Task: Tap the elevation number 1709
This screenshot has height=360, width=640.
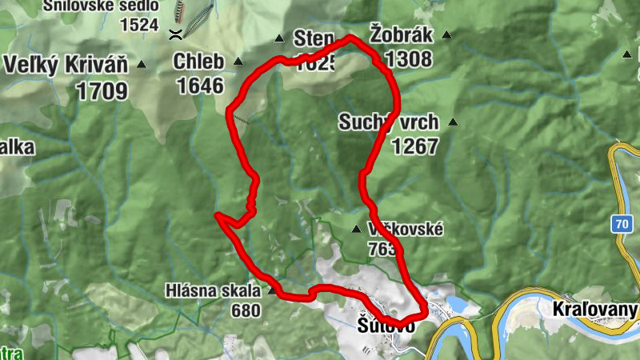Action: (x=102, y=90)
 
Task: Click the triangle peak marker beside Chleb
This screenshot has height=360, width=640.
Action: (x=238, y=62)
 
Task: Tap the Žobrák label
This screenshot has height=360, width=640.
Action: (x=401, y=34)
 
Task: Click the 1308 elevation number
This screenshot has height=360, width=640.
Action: (x=408, y=58)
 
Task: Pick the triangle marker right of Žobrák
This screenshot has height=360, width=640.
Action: (x=446, y=35)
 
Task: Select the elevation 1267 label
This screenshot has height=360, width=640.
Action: (x=414, y=146)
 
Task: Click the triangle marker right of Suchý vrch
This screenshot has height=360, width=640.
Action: (x=453, y=122)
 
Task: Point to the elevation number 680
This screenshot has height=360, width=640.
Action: (x=246, y=310)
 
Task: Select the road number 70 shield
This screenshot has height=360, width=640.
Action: (x=622, y=225)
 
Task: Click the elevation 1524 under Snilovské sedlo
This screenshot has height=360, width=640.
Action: (x=139, y=24)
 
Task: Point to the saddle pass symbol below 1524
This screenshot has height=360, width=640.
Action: (x=174, y=34)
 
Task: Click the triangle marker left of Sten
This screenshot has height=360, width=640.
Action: (x=279, y=38)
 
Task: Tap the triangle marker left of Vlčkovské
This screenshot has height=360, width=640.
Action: (x=356, y=230)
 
